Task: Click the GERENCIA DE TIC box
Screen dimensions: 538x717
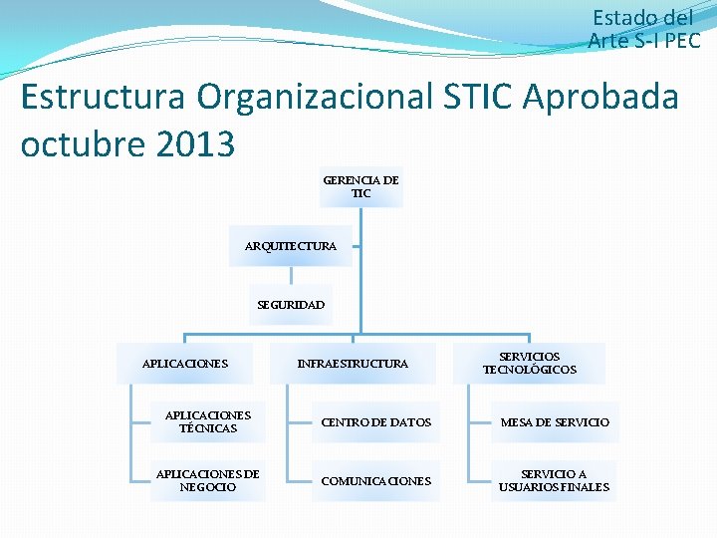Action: coord(360,187)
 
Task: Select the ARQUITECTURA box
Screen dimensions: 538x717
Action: coord(291,245)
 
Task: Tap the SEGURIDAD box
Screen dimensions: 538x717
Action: coord(291,305)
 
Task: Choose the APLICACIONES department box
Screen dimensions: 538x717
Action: coord(185,364)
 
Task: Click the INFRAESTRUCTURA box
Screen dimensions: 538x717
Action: coord(353,364)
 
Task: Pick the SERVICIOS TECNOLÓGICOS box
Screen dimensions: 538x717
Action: coord(530,364)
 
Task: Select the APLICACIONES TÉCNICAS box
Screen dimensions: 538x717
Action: coord(208,422)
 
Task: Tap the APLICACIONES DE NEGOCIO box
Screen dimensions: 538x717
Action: coord(208,481)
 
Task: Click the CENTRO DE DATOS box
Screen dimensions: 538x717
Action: coord(375,422)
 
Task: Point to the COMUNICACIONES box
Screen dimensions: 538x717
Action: coord(375,481)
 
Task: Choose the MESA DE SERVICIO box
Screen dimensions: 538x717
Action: coord(555,422)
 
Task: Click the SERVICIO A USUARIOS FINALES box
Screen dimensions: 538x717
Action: coord(555,481)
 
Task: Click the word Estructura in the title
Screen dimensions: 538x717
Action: coord(103,98)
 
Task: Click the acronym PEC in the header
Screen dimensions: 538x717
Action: coord(680,40)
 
